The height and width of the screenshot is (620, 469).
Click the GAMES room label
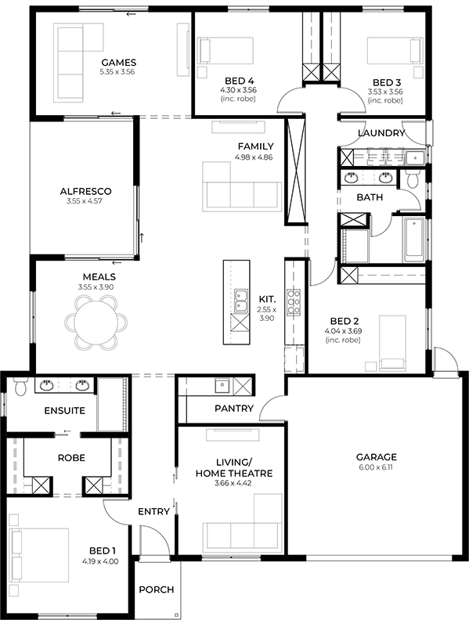(119, 63)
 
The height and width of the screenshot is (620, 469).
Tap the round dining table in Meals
(96, 322)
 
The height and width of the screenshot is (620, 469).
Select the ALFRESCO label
(86, 191)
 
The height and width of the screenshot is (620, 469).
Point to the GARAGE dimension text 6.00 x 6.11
(376, 467)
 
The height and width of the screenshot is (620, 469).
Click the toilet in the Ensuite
(20, 386)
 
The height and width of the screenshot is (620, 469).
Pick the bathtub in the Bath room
(413, 240)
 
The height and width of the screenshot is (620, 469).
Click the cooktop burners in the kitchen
(294, 302)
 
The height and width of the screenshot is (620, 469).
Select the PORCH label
(157, 589)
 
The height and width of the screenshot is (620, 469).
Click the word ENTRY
(153, 512)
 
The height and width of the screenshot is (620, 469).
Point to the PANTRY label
(234, 408)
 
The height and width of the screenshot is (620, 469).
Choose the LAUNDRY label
(381, 133)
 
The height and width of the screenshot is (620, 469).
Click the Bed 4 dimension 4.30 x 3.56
(239, 90)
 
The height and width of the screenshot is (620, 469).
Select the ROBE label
(71, 458)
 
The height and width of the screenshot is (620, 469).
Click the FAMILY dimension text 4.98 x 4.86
(254, 157)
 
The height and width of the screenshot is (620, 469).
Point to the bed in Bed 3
(395, 50)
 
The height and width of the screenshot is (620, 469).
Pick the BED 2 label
(345, 321)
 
